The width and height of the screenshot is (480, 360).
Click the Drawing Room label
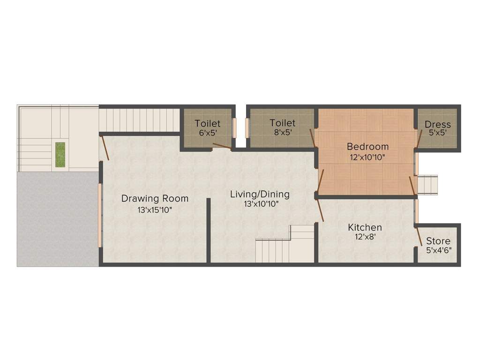coord(155,198)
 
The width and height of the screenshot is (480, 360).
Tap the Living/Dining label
coord(260,194)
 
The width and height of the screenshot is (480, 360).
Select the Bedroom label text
coord(367,147)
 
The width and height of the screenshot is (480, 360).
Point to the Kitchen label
coord(365,227)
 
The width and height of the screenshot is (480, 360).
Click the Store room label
coord(438,241)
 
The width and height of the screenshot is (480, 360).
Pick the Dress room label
coord(438,124)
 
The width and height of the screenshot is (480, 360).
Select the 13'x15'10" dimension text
coord(155,210)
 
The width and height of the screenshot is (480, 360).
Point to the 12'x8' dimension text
coord(365,237)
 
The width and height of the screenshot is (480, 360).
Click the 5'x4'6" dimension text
coord(438,250)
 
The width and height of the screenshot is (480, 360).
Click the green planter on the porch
coord(60,154)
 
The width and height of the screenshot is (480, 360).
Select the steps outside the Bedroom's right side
coord(427,184)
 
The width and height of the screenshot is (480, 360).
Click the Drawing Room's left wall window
coord(99,215)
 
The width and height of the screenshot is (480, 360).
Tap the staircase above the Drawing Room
coord(140,120)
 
